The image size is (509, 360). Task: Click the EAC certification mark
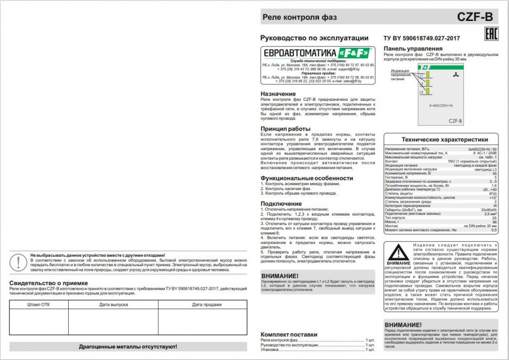tap(488, 35)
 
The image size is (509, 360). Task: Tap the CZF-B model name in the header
tap(475, 17)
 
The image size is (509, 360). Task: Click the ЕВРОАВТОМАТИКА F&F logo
tap(317, 53)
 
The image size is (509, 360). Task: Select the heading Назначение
tap(278, 94)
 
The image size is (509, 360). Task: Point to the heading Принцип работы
tap(285, 129)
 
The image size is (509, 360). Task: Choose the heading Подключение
tap(281, 204)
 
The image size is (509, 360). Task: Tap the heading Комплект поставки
tap(289, 334)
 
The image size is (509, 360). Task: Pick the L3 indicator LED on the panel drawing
tap(427, 91)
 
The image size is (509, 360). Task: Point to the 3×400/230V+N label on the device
tap(441, 106)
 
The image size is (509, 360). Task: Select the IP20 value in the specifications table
tap(492, 194)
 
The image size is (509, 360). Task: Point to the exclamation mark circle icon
tap(20, 261)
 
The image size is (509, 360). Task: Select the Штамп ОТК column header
tap(38, 304)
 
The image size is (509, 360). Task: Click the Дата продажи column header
tap(206, 304)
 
